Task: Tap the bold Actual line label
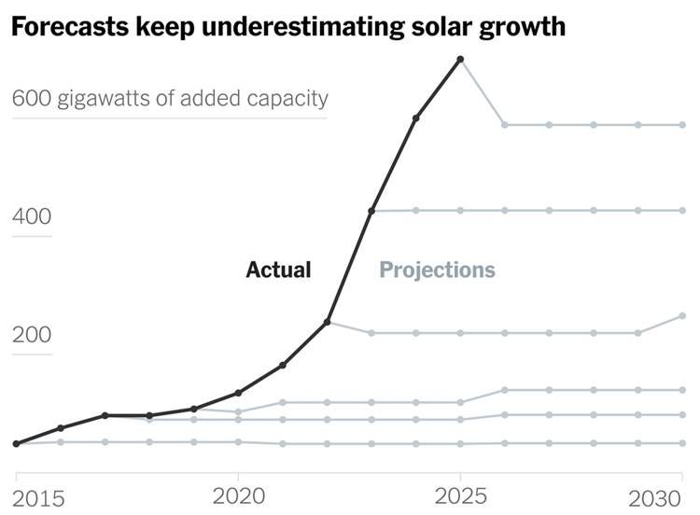278,271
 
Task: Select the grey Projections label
437,271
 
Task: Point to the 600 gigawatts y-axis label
169,98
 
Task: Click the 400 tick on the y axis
31,216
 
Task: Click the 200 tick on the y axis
31,335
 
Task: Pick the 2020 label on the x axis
238,494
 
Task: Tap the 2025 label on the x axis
460,494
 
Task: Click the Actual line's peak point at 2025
460,60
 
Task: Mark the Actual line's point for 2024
415,118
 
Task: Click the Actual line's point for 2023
371,212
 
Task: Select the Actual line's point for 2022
327,322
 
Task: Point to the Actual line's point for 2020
238,393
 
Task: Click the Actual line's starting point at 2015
16,443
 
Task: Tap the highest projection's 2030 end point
682,124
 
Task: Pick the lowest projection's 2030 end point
682,443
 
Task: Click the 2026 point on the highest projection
504,124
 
